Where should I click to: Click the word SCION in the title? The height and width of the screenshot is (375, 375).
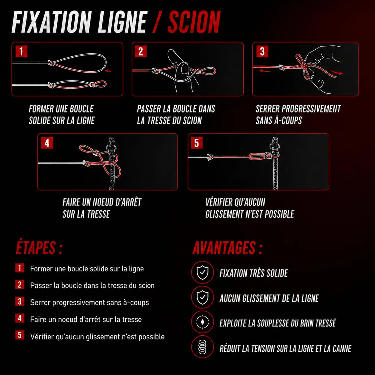pyautogui.click(x=194, y=22)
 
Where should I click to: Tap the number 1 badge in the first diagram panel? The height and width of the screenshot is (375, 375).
pyautogui.click(x=21, y=52)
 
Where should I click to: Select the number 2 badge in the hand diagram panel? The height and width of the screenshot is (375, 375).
pyautogui.click(x=141, y=52)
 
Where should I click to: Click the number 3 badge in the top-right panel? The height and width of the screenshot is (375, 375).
pyautogui.click(x=262, y=52)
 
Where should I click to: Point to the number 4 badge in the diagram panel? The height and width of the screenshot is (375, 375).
pyautogui.click(x=47, y=143)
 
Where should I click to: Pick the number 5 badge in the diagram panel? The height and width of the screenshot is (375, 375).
pyautogui.click(x=197, y=143)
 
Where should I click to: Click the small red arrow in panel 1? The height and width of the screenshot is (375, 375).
pyautogui.click(x=109, y=71)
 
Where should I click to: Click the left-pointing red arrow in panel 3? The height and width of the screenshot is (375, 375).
pyautogui.click(x=265, y=71)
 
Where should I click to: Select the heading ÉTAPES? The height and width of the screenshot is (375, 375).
pyautogui.click(x=39, y=248)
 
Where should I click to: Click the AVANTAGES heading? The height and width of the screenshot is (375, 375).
pyautogui.click(x=227, y=248)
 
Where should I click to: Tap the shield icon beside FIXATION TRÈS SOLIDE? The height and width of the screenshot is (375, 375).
pyautogui.click(x=202, y=272)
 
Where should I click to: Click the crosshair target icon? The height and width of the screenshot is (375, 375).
pyautogui.click(x=202, y=322)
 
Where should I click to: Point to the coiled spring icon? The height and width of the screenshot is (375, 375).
pyautogui.click(x=202, y=347)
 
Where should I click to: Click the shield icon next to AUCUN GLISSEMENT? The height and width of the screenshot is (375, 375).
pyautogui.click(x=202, y=297)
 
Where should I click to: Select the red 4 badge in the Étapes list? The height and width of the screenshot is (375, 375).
pyautogui.click(x=20, y=318)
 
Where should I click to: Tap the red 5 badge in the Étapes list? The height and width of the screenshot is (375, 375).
pyautogui.click(x=20, y=335)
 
